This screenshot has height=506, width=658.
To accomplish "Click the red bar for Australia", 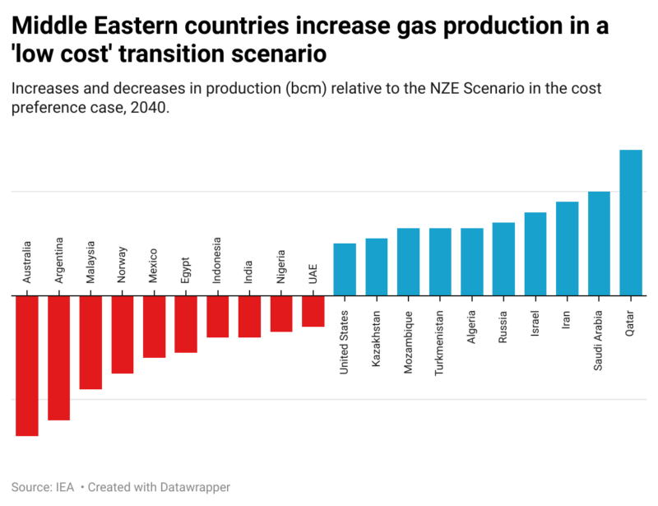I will click(27, 365).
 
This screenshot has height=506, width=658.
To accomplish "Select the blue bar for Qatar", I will click(630, 222).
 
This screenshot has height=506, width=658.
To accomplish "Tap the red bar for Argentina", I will click(58, 358).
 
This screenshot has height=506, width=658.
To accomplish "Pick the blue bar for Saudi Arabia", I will click(599, 244).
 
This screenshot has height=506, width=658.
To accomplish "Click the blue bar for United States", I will click(345, 269).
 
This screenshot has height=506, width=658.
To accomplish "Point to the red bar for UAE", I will click(313, 311).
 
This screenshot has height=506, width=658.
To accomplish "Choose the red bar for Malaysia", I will click(90, 342).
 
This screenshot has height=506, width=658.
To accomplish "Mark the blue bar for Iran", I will click(567, 248).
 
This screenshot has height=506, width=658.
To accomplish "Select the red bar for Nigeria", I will click(281, 313).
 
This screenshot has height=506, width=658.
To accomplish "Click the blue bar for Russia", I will click(503, 258).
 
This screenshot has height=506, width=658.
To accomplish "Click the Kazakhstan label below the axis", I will click(377, 337).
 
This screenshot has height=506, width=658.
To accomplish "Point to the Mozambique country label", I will click(408, 342).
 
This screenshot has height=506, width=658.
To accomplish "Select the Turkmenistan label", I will click(440, 343).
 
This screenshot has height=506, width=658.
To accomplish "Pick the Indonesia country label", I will click(217, 260).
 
